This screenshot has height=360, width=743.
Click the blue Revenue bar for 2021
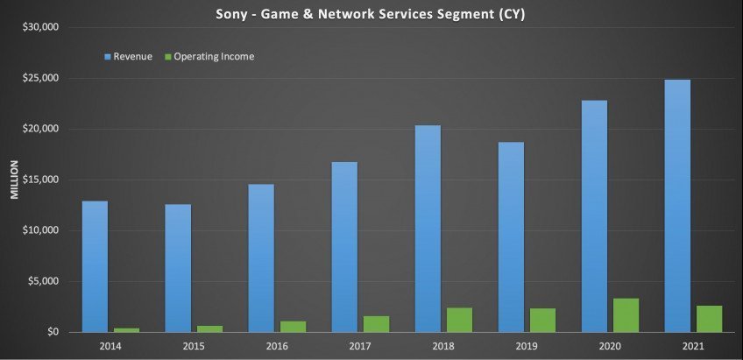point(677,206)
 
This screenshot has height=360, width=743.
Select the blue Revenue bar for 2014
point(95,266)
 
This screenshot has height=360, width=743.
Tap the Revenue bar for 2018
point(428,229)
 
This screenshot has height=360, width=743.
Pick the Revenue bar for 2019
point(511,236)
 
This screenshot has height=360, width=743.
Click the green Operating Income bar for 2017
point(377,324)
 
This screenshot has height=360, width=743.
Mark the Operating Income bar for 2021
point(709,319)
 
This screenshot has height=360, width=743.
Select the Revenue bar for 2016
point(261,258)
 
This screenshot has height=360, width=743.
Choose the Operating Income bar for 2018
point(460,320)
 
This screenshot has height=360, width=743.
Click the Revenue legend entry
point(128,57)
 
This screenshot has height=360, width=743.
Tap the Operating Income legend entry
point(211,57)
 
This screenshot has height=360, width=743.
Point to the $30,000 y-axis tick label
point(40,27)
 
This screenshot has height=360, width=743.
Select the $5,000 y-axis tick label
point(43,281)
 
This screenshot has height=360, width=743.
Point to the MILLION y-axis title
point(14,180)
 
